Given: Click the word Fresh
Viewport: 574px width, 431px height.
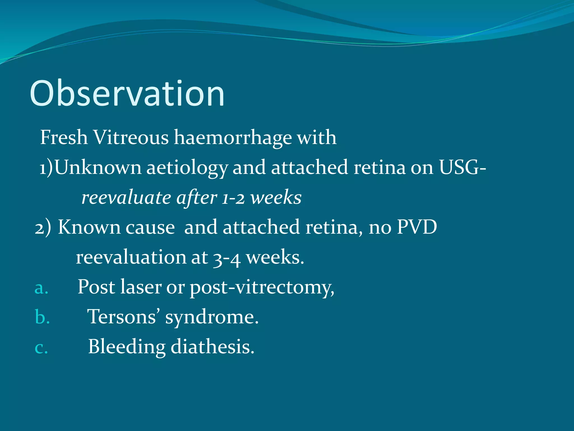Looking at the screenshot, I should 64,137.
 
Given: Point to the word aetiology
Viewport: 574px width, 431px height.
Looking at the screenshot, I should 187,168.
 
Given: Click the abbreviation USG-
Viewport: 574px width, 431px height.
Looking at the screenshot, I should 462,168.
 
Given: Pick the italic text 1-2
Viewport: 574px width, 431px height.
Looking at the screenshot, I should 233,198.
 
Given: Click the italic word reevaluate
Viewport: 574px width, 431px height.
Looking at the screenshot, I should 126,198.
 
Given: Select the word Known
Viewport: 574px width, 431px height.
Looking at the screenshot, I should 89,227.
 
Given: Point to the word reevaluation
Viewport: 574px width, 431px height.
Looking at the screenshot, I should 131,257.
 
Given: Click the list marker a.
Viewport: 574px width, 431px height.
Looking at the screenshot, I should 41,288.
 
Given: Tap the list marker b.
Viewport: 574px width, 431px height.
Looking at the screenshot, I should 42,317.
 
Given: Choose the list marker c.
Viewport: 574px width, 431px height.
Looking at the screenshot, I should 41,348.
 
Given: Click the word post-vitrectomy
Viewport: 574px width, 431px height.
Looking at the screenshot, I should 262,288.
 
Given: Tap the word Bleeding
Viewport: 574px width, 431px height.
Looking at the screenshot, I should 127,347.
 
